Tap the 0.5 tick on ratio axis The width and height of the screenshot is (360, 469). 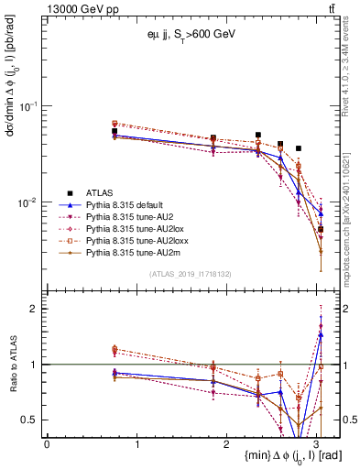(30, 420)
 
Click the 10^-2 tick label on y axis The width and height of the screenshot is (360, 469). (27, 202)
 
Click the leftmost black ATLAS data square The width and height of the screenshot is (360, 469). (114, 132)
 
